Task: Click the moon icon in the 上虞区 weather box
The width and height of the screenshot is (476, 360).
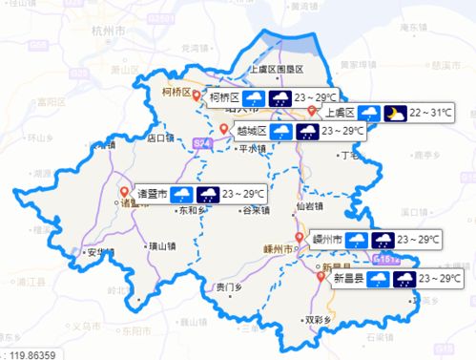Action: point(393,114)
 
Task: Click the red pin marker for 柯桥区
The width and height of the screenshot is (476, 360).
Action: point(197,95)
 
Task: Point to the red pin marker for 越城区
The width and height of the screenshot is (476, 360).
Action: point(223,129)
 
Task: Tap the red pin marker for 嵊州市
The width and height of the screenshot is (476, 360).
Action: point(299,237)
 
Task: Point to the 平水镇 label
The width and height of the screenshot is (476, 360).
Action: point(251,149)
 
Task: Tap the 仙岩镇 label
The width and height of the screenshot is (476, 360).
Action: point(309,206)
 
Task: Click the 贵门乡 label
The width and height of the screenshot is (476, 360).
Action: point(229,286)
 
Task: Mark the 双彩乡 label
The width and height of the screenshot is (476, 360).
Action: point(317,320)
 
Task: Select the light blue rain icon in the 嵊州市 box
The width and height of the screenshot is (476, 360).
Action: point(357,239)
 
